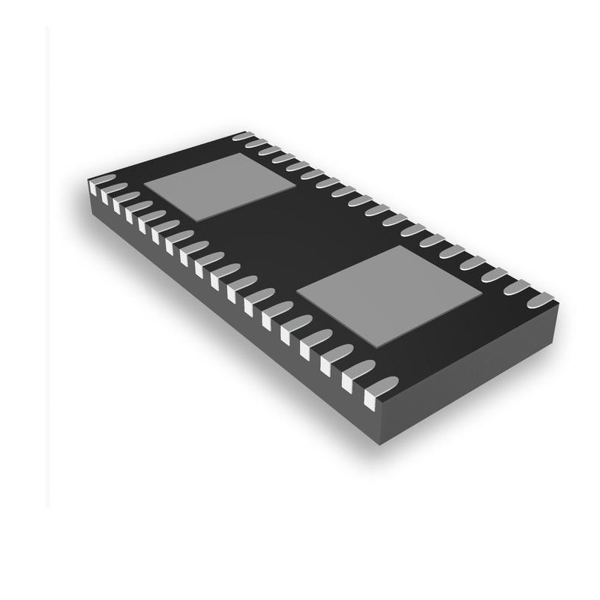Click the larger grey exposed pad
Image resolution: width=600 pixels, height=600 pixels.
click(388, 295)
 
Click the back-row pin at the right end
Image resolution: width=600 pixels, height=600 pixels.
click(541, 300)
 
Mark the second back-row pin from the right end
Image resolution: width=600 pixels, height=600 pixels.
click(517, 286)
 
